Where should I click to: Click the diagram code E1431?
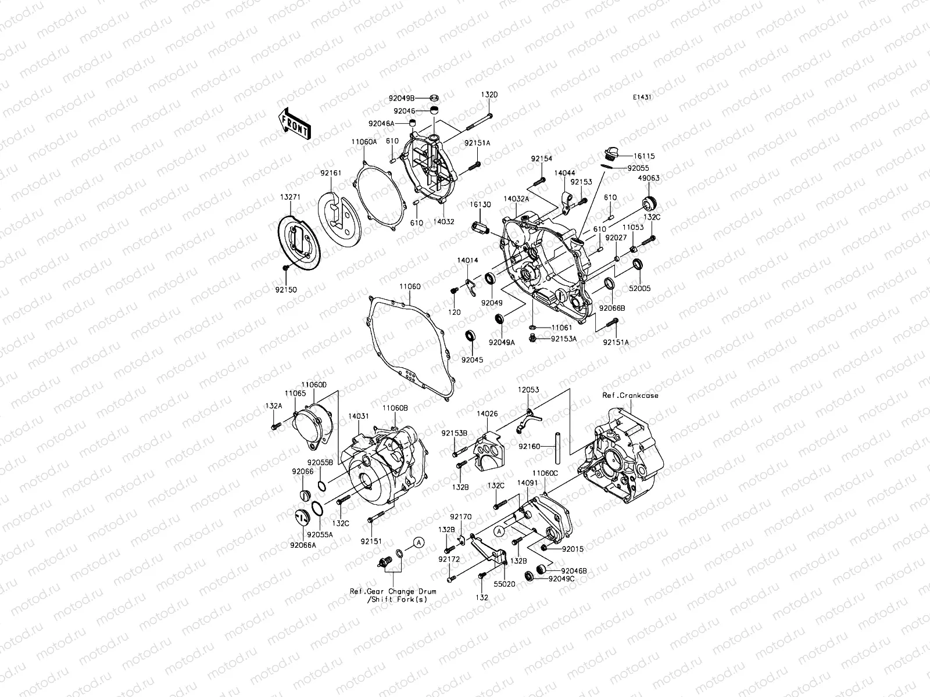(642, 114)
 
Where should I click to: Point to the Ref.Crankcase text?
(631, 396)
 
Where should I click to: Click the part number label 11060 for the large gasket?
(410, 286)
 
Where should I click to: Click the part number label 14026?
(487, 414)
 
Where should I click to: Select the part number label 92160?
(529, 447)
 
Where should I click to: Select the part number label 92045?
(472, 360)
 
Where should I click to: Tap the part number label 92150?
(288, 289)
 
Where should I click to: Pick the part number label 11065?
(295, 393)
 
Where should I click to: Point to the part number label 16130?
(481, 205)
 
